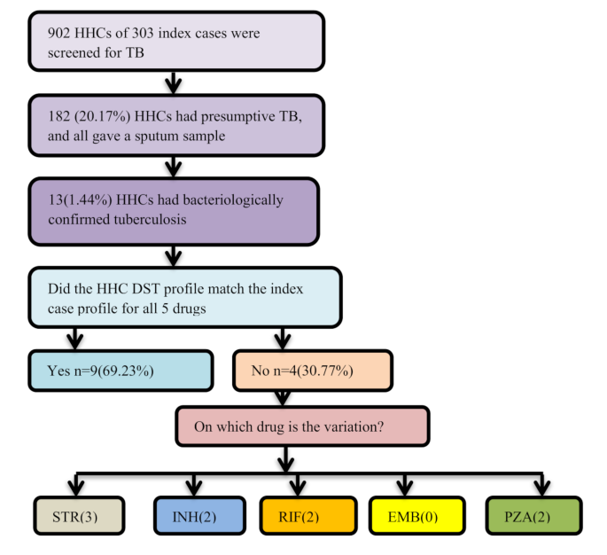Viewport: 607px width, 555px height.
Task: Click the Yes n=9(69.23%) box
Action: tap(120, 371)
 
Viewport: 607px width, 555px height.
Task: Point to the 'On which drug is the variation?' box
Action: tap(302, 426)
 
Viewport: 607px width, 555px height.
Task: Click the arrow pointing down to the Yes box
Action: tap(75, 338)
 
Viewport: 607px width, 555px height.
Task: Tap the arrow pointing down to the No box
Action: tap(284, 338)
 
